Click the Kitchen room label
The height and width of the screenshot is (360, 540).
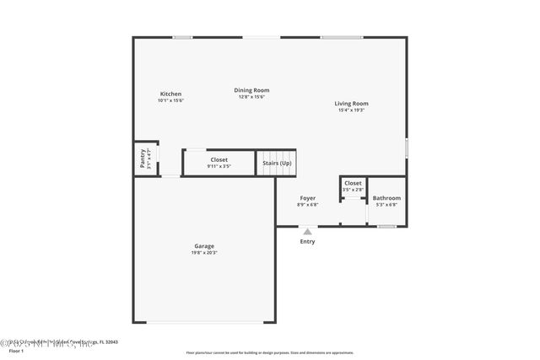(170, 94)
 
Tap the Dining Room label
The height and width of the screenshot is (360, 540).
(251, 90)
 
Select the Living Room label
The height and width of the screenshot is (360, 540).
(353, 104)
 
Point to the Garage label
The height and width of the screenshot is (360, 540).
(204, 246)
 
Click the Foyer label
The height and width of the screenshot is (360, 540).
(308, 198)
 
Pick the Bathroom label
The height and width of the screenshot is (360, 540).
(386, 198)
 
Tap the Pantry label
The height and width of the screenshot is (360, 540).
(143, 159)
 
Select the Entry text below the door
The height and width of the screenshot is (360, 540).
(307, 242)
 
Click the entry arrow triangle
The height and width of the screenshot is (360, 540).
(307, 231)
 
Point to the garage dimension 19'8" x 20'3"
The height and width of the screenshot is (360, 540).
(204, 253)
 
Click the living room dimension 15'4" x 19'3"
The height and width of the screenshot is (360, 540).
(353, 110)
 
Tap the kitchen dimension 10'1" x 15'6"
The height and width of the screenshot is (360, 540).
(170, 100)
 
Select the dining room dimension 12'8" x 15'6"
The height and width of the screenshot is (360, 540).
(251, 97)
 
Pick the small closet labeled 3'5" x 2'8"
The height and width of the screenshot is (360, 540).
(353, 183)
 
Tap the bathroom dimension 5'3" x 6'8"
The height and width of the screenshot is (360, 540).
(386, 205)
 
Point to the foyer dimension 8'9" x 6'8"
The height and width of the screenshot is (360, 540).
(308, 205)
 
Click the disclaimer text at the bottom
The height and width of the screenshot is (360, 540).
(270, 352)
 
